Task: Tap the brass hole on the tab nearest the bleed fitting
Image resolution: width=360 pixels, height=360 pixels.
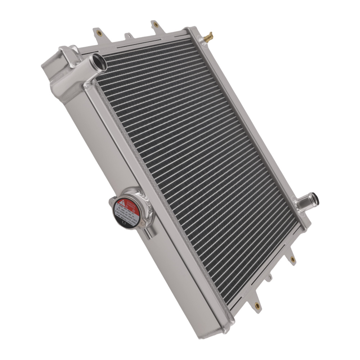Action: coord(156,25)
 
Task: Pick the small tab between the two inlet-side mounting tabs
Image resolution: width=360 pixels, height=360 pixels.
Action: coord(127,36)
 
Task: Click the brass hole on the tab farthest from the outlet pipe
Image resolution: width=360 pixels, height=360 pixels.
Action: coord(257,306)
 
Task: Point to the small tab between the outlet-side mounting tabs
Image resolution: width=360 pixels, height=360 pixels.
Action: coord(269,278)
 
